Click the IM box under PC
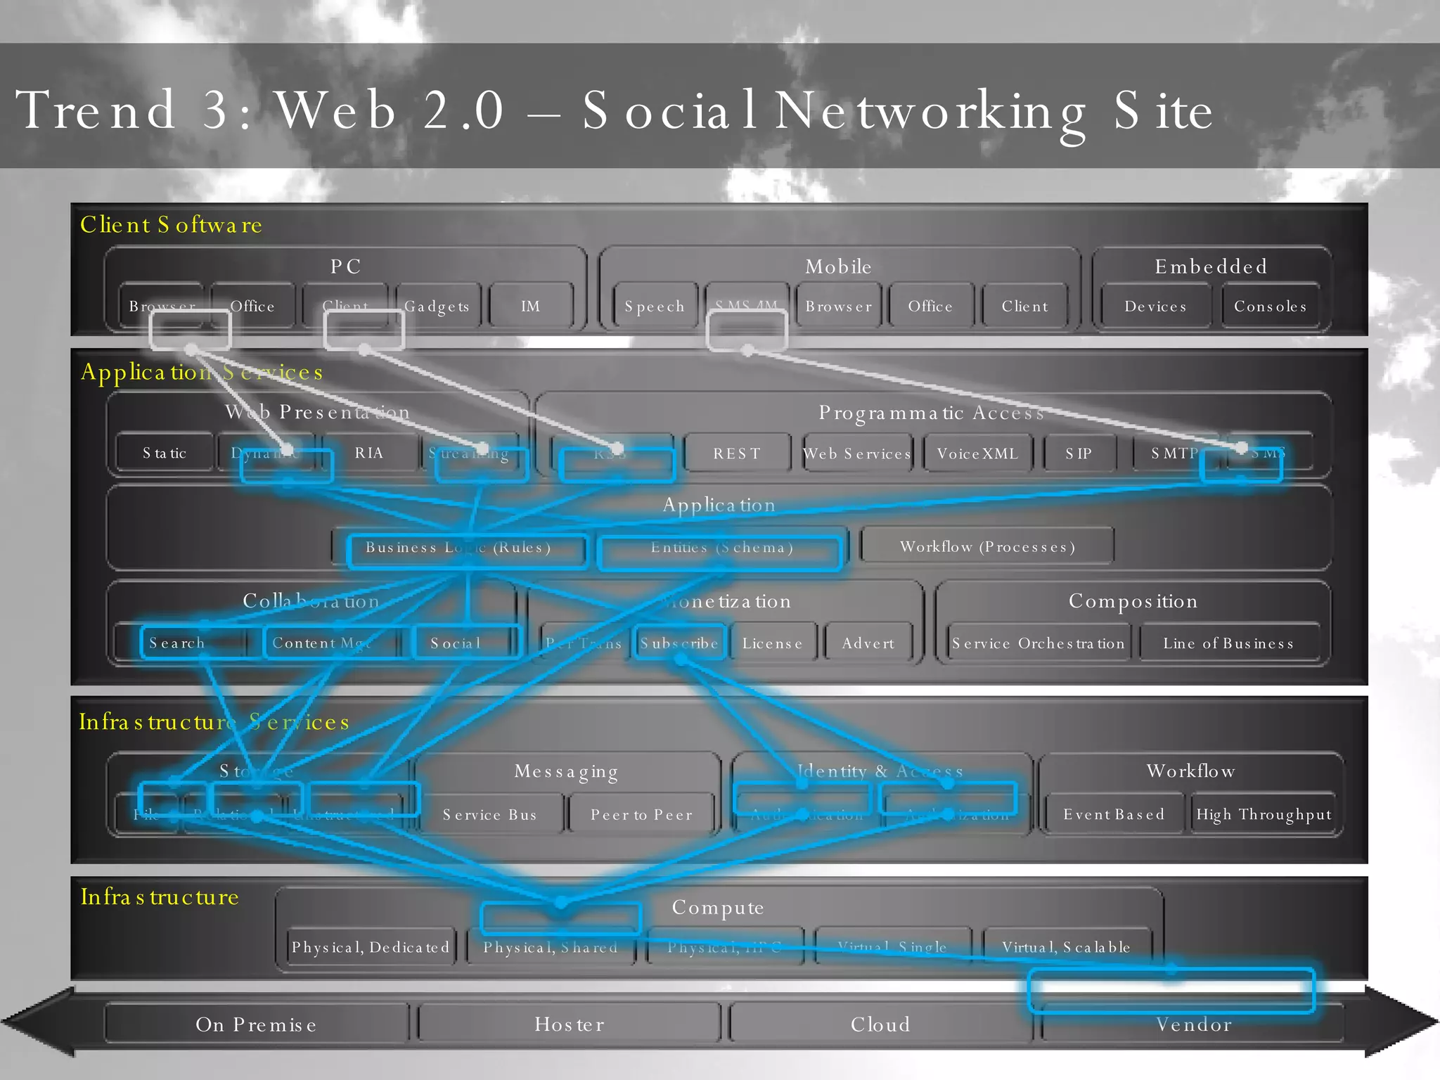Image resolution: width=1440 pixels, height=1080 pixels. point(531,306)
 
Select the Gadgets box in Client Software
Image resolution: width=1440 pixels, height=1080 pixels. point(437,306)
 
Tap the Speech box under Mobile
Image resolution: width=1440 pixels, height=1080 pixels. point(655,306)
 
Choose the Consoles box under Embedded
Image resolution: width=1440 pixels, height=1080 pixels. point(1270,306)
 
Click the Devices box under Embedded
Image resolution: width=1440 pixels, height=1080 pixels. point(1155,306)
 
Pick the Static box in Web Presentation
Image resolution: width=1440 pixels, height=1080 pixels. point(165,453)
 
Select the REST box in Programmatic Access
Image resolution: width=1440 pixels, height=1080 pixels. point(737,454)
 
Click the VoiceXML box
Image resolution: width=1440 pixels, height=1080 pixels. point(977,454)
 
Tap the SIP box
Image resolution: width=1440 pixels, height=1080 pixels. point(1079,454)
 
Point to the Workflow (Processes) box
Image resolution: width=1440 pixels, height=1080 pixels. point(987,546)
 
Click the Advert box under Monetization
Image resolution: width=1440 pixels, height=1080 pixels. point(868,643)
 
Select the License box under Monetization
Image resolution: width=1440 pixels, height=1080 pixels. point(772,643)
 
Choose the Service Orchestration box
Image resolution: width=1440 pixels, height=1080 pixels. point(1038,643)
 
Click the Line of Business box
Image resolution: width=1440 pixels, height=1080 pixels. point(1228,643)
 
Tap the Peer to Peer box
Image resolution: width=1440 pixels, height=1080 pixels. point(641,814)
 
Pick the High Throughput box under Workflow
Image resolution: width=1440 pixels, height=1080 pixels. point(1264,814)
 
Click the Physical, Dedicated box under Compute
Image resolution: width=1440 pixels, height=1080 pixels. point(370,947)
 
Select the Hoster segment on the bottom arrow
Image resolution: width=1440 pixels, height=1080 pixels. point(570,1024)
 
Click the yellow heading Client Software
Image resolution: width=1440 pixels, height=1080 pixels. point(171,224)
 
